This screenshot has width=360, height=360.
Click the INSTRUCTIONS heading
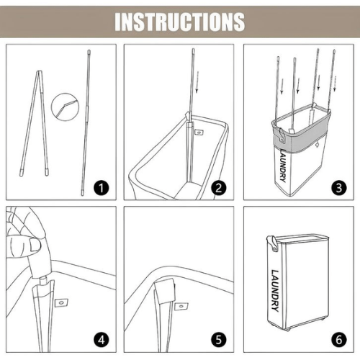(x=180, y=22)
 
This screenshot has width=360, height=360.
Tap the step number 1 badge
(x=102, y=188)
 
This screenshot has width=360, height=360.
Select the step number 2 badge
(x=219, y=188)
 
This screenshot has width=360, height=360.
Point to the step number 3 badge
(x=338, y=188)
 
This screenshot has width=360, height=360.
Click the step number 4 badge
(x=102, y=340)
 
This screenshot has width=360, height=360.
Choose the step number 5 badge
(x=219, y=340)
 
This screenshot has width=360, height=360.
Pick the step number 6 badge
(x=338, y=340)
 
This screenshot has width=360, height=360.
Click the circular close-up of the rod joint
(x=65, y=106)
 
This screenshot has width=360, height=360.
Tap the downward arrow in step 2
(x=197, y=82)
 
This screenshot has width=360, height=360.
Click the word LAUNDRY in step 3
(x=283, y=166)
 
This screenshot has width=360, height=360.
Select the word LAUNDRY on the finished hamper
(x=275, y=290)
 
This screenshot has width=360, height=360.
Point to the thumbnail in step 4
(x=35, y=246)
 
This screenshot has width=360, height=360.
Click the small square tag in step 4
(x=62, y=303)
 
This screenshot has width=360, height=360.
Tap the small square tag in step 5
(x=181, y=306)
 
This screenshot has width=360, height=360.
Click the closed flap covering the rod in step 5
(x=164, y=291)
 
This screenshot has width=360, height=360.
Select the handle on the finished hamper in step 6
(x=272, y=243)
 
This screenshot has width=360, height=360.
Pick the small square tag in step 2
(x=199, y=132)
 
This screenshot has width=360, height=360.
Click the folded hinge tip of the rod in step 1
(x=40, y=71)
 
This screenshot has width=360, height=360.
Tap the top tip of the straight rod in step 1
(x=89, y=51)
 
